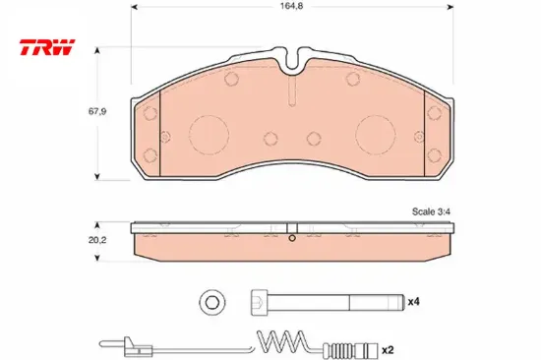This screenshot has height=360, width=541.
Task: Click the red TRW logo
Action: [47, 47]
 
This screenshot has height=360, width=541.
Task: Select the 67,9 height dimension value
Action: [97, 111]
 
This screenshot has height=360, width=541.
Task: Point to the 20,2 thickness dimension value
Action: [97, 240]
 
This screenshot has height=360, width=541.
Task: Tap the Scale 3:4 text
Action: [431, 211]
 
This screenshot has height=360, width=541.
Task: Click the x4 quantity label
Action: [414, 302]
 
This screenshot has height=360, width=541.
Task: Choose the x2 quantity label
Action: [388, 350]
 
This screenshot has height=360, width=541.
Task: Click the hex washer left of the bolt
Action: [212, 303]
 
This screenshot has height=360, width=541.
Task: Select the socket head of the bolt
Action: [260, 302]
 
